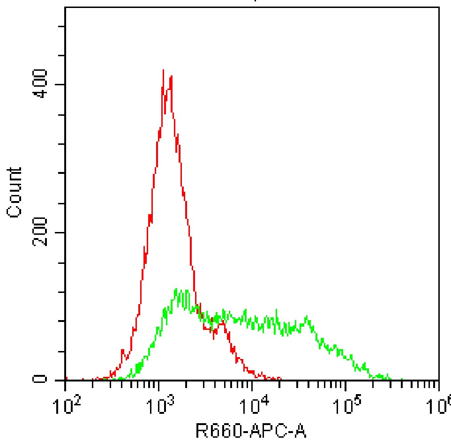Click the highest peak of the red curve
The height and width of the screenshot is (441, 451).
point(163,70)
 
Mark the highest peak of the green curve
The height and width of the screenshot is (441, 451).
point(176,289)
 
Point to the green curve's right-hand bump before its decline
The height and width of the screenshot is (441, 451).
point(307,317)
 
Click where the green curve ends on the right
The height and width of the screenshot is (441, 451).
point(402,379)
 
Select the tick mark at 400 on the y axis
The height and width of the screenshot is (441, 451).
point(62,84)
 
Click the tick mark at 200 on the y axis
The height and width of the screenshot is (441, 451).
point(62,232)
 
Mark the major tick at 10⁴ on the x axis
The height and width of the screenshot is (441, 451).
point(252,384)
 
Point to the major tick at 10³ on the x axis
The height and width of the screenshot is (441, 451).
point(159,384)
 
